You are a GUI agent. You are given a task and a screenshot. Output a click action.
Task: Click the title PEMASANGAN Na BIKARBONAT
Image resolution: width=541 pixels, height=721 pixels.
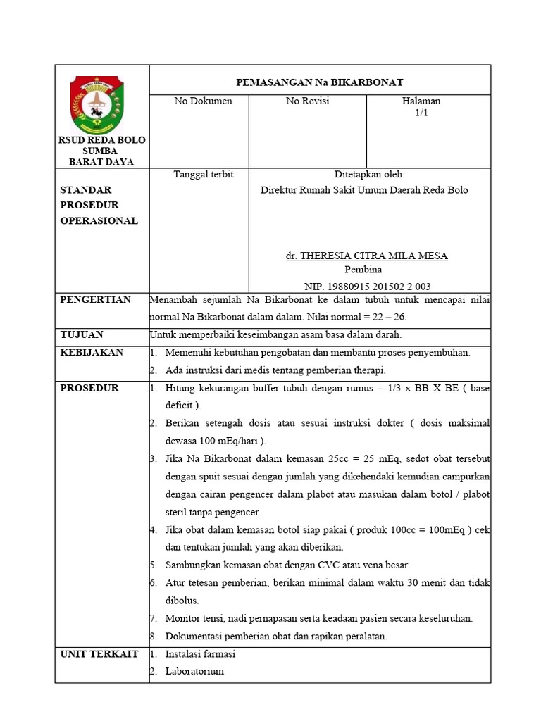[319, 82]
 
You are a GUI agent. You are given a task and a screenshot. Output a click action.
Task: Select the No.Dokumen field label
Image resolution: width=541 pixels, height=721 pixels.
[203, 101]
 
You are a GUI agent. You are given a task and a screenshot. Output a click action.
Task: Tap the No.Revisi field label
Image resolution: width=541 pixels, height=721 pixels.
[307, 101]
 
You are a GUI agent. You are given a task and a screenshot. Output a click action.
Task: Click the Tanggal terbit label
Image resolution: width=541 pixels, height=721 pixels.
[203, 174]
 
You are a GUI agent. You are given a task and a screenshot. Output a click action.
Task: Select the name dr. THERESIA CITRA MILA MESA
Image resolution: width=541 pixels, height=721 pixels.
[366, 256]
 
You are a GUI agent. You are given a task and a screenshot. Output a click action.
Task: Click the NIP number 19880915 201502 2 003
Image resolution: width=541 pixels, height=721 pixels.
[367, 287]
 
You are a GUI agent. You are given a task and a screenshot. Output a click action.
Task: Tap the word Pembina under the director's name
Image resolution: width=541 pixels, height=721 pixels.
[363, 270]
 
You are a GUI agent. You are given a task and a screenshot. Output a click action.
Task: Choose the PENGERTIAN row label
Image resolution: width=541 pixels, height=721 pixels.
[96, 300]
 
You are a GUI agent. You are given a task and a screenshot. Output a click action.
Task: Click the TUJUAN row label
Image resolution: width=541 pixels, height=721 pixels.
[82, 334]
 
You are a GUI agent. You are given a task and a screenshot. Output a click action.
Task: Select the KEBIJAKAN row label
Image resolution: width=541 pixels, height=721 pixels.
[92, 352]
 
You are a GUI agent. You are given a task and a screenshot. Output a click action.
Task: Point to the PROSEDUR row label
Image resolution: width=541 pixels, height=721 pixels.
[89, 388]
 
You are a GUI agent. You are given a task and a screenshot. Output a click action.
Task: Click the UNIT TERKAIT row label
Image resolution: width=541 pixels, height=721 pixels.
[99, 654]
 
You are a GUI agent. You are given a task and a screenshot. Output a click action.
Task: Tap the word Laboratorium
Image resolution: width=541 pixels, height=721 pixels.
[194, 671]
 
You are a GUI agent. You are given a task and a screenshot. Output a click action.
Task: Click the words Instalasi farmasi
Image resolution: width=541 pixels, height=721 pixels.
[200, 654]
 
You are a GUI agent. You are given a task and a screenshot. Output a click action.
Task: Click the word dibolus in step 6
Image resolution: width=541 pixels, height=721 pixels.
[182, 601]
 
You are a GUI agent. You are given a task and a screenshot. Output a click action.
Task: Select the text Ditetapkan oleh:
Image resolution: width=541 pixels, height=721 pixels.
[369, 174]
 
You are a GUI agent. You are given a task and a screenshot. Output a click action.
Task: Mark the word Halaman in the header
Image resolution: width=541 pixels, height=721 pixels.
[421, 101]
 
